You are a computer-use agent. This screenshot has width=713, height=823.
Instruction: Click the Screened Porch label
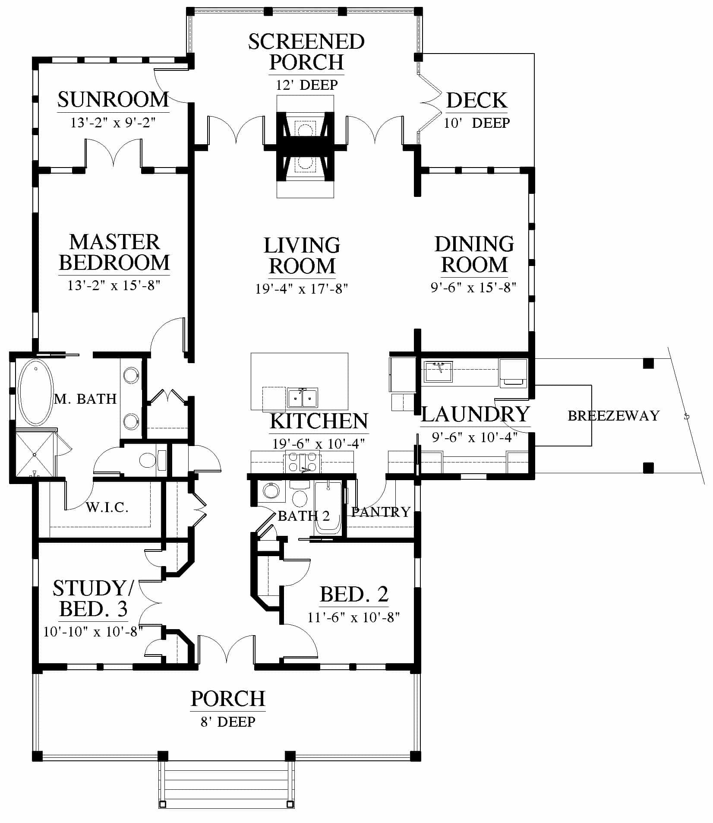pos(306,52)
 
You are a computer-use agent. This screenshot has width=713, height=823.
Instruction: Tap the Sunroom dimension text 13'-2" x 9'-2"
pos(113,123)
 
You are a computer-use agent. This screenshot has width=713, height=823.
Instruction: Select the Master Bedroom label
pos(114,252)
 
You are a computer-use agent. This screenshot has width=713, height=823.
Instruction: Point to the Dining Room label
pos(474,254)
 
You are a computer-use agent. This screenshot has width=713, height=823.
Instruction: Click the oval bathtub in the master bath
pos(36,393)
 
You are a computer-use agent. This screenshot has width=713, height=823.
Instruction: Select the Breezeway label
pos(613,415)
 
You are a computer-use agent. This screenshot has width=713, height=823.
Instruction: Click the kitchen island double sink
pos(303,397)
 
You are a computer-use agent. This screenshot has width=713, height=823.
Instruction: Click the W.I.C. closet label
pos(107,507)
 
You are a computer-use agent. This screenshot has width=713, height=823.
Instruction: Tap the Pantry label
pos(381,512)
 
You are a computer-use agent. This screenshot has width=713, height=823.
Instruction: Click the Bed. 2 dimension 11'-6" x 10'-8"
pos(354,617)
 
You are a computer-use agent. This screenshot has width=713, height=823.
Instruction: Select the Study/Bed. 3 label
pos(93,598)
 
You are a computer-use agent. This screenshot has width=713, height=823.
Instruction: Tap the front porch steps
pos(227,785)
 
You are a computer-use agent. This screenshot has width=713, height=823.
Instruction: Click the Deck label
pos(476,100)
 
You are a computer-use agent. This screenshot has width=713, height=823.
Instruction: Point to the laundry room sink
pos(438,372)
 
